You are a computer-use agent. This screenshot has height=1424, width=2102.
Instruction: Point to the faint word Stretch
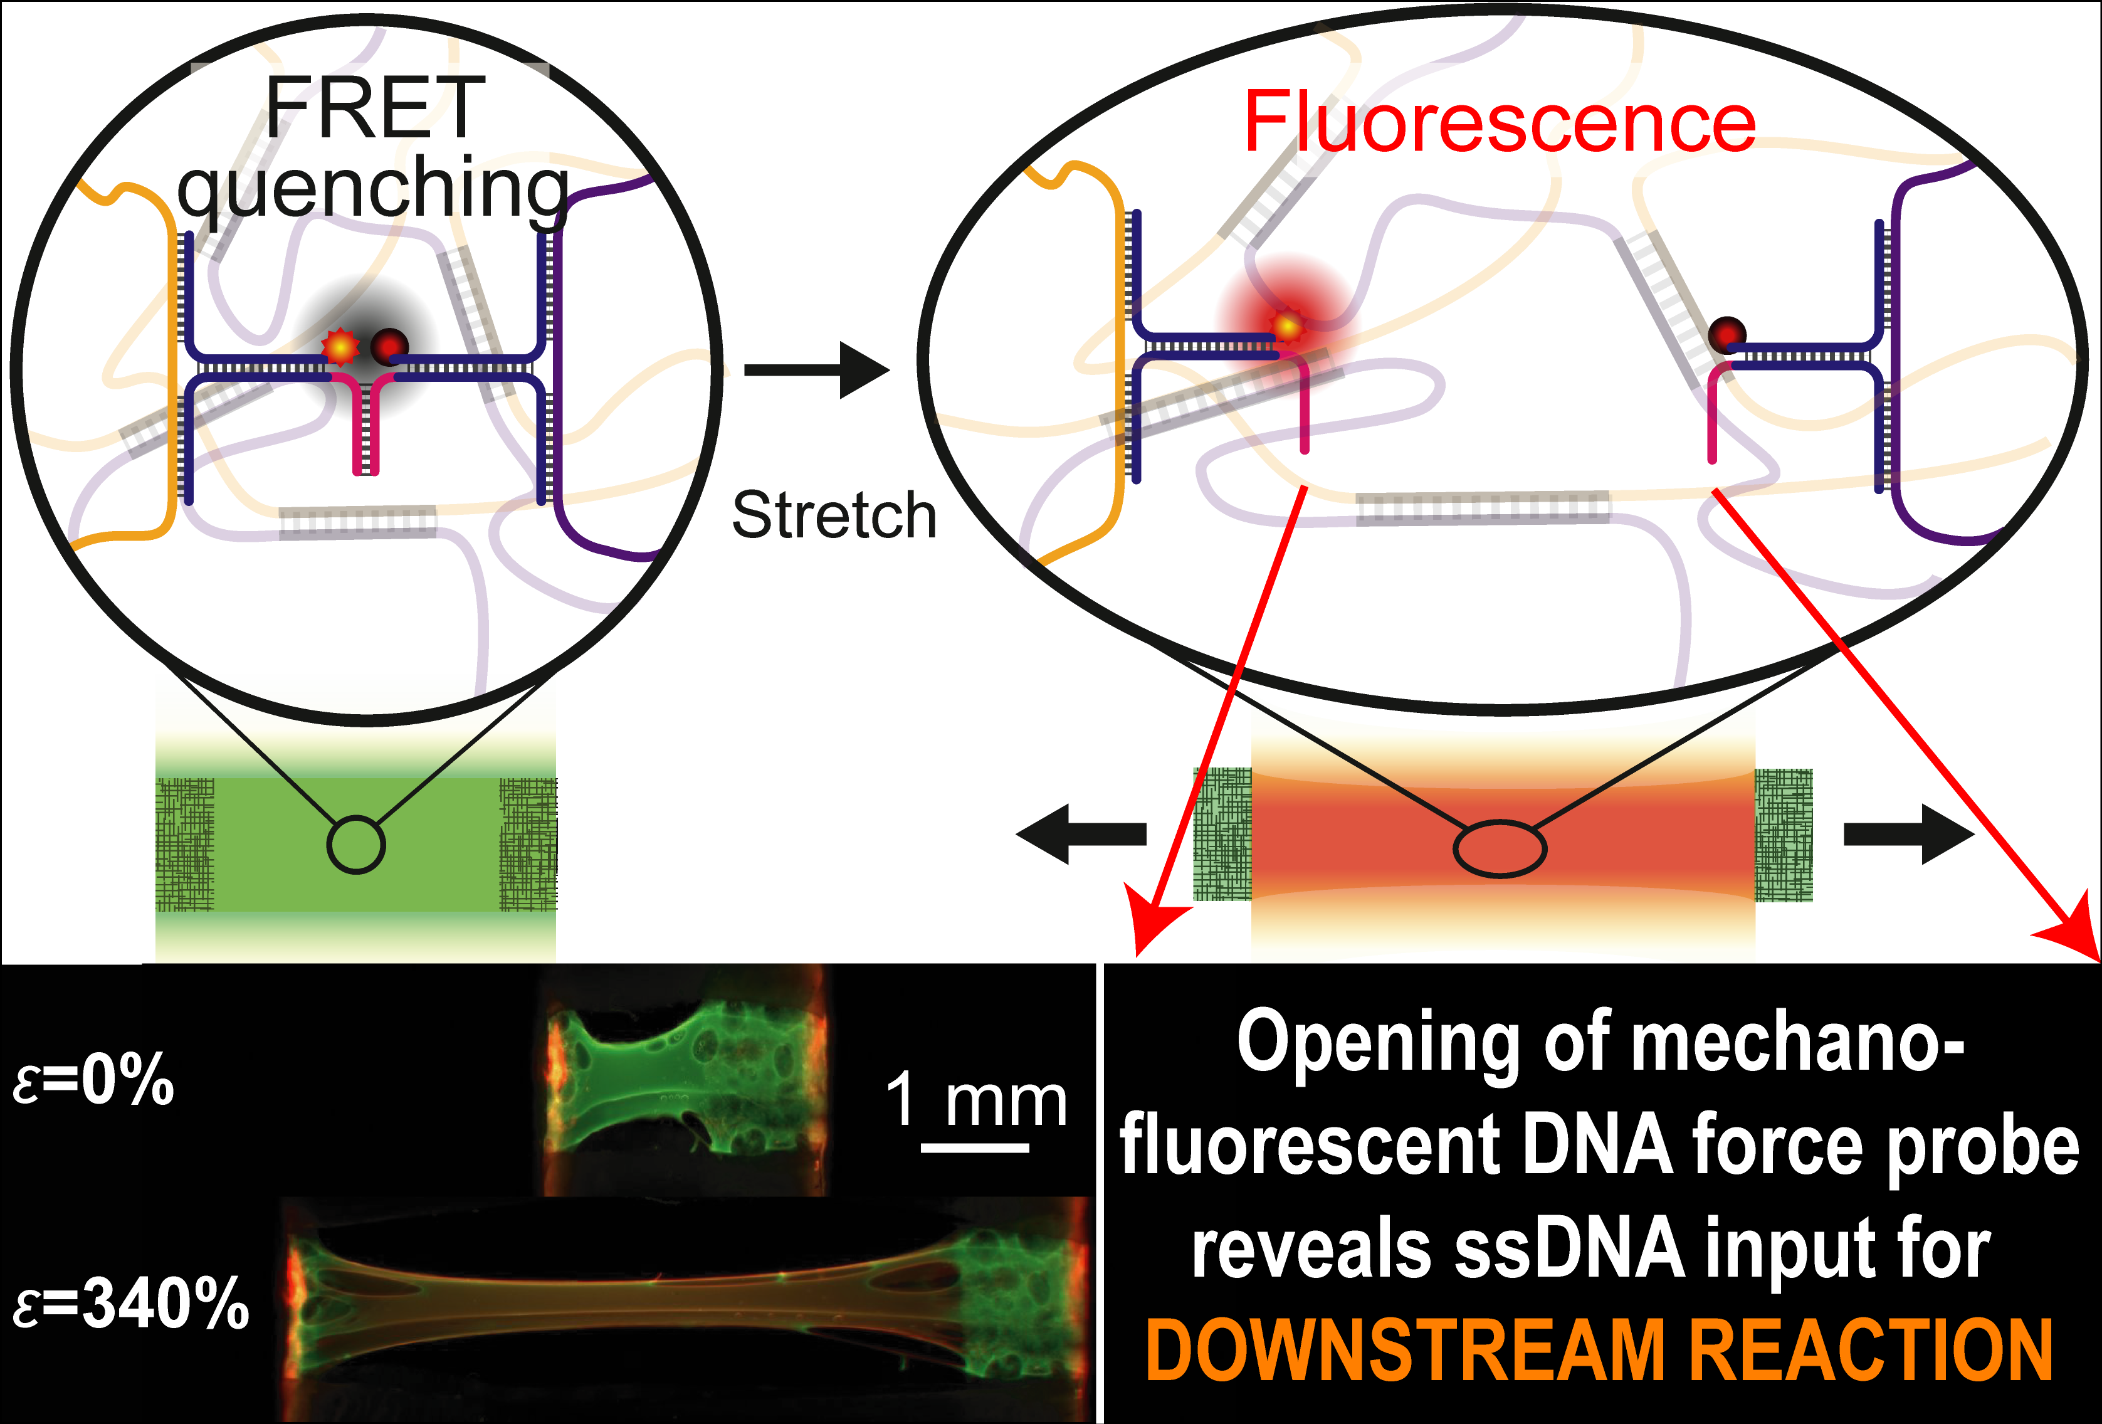point(834,515)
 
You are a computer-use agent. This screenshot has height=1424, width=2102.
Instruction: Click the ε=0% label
point(94,1079)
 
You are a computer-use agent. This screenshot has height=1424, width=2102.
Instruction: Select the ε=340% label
point(131,1304)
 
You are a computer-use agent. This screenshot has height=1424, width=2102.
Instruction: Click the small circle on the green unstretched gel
point(356,845)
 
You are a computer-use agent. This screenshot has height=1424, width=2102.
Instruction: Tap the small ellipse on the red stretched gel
point(1500,848)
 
